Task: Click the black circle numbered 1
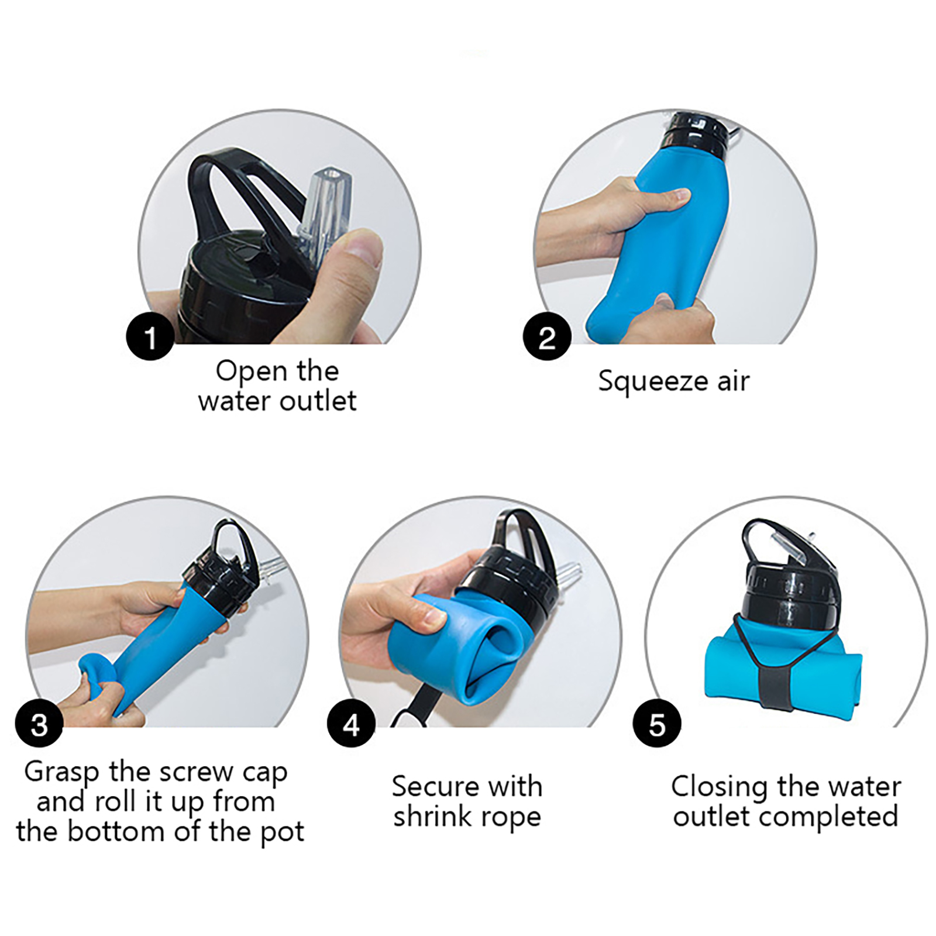pos(150,337)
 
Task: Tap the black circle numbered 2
pos(547,337)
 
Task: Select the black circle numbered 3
pos(39,724)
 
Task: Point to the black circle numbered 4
pos(351,724)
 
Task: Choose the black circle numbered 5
pos(657,724)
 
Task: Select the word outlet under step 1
pos(318,401)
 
